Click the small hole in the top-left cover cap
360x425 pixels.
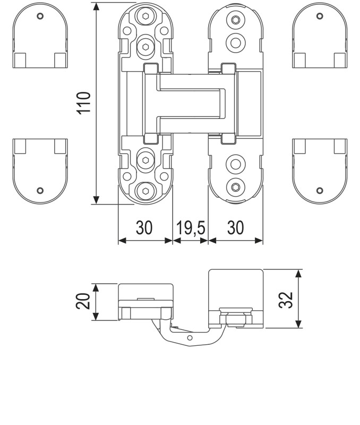(40, 16)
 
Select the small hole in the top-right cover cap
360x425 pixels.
(319, 16)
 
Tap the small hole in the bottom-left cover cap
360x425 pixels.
(40, 190)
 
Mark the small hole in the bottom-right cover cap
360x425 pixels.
(319, 190)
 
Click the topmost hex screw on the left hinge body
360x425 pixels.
(145, 17)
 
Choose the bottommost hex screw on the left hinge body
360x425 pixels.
(145, 190)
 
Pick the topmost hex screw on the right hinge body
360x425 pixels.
(235, 20)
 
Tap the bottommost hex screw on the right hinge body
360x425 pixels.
(235, 186)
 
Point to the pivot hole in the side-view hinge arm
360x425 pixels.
(190, 338)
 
